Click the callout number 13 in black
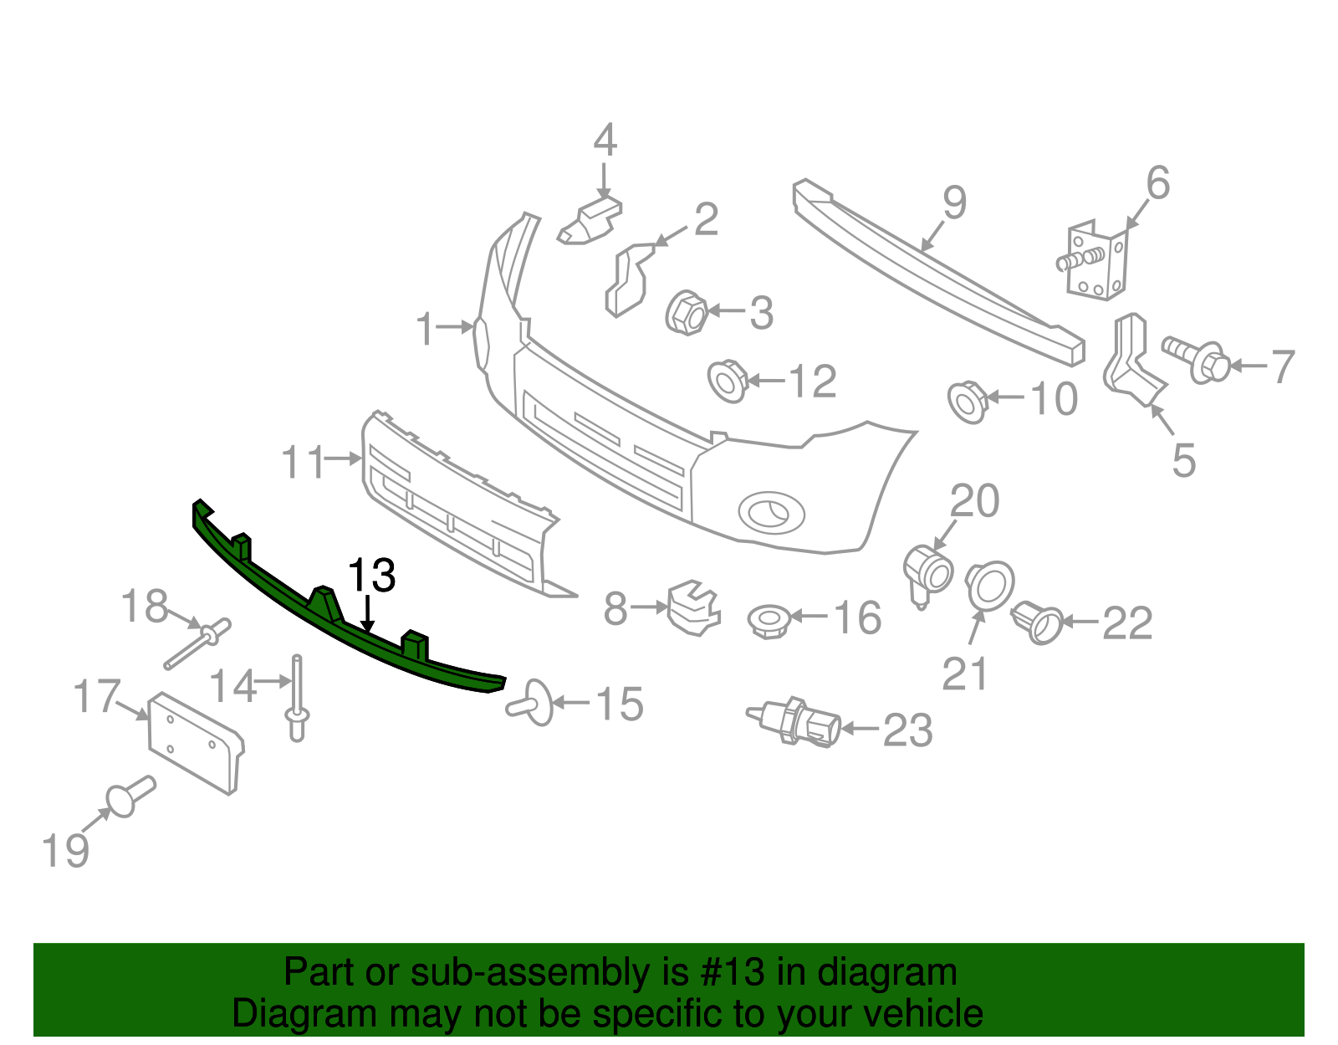371,576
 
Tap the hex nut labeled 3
687,313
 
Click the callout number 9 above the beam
953,203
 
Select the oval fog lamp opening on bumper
771,511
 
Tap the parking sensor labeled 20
928,572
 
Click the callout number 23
907,730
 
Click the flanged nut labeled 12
728,381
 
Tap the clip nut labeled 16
768,621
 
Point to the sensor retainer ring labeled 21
990,584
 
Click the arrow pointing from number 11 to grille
343,458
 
